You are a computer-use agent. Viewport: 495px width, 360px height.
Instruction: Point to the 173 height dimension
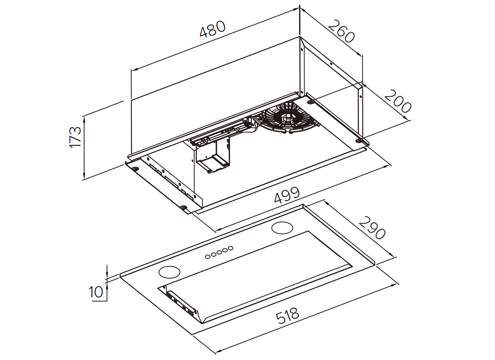tap(75, 136)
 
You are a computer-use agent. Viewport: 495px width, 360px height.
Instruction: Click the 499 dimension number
tap(287, 195)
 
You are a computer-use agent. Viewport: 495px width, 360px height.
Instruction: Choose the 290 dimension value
tap(372, 227)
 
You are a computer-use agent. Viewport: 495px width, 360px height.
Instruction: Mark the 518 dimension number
tap(288, 315)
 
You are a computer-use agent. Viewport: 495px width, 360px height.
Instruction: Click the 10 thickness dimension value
tap(96, 291)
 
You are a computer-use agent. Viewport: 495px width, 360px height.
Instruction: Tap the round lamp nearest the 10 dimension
tap(169, 272)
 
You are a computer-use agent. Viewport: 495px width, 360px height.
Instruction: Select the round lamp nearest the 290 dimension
tap(283, 228)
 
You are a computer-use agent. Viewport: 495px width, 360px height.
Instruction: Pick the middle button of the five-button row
tap(219, 252)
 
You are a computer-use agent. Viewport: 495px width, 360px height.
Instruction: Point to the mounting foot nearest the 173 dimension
tap(135, 169)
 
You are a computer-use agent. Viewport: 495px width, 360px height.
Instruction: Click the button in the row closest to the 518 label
tap(208, 256)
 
